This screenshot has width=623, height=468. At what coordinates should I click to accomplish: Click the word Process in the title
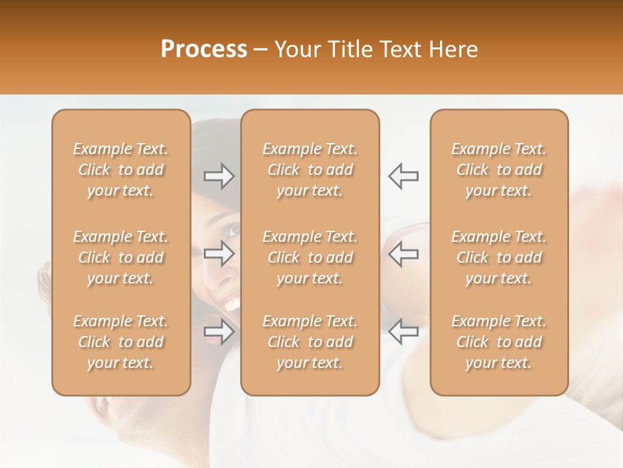[204, 49]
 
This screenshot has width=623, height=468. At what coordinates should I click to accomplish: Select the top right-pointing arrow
[219, 176]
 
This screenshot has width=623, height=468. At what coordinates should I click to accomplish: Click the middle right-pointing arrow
[219, 254]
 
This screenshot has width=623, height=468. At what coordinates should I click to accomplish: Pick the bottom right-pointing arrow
[219, 332]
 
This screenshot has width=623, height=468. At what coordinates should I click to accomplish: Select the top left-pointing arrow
[404, 176]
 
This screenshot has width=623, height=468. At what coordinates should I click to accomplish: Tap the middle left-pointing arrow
[404, 254]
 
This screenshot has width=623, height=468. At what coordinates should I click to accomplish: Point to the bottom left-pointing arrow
[404, 332]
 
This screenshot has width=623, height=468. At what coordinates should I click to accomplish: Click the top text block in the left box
[121, 170]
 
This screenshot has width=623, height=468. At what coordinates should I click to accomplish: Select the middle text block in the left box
[121, 257]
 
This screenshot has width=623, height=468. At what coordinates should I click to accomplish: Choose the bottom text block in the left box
[121, 342]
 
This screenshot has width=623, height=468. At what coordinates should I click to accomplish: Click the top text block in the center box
[310, 170]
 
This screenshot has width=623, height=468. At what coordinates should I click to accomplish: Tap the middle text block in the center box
[310, 257]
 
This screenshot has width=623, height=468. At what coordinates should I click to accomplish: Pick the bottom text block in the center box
[310, 342]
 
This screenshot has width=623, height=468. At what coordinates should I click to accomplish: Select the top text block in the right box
[499, 170]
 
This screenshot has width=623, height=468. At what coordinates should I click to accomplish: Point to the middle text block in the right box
[499, 257]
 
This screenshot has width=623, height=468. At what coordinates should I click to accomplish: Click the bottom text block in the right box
[499, 342]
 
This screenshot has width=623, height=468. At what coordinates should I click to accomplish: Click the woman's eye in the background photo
[232, 230]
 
